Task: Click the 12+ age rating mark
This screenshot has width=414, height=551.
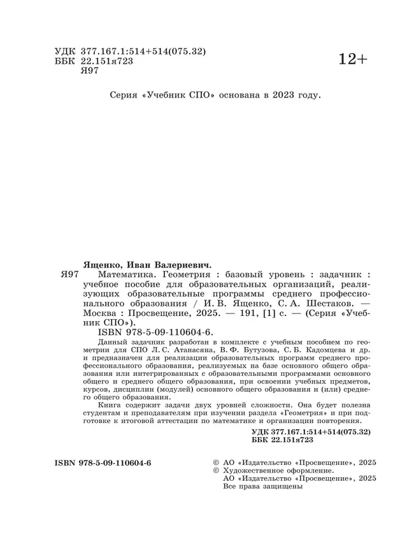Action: coord(353,59)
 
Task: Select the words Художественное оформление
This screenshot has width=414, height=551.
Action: coord(278,469)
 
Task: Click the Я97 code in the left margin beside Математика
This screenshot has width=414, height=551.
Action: coord(68,274)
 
